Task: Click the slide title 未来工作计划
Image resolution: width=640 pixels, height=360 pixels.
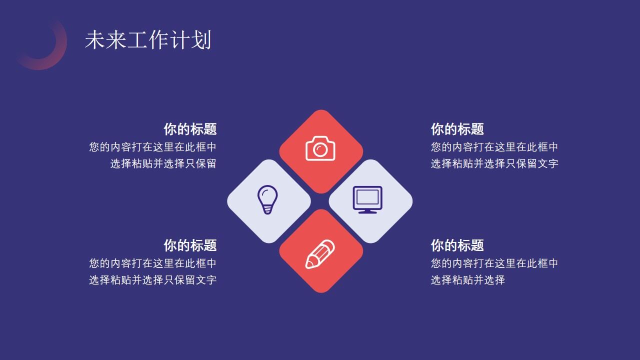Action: pyautogui.click(x=148, y=40)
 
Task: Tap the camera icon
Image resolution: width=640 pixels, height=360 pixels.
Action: pyautogui.click(x=320, y=148)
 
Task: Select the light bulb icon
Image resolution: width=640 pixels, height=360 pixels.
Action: pyautogui.click(x=267, y=199)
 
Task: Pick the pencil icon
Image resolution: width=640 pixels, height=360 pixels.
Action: pyautogui.click(x=320, y=254)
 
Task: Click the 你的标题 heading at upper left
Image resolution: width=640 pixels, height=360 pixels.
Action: pyautogui.click(x=190, y=129)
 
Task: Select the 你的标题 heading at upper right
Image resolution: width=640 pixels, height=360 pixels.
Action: pyautogui.click(x=457, y=129)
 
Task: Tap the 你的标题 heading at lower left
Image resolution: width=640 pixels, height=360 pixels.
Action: pyautogui.click(x=190, y=245)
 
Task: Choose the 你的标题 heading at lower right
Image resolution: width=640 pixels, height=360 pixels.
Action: pyautogui.click(x=457, y=245)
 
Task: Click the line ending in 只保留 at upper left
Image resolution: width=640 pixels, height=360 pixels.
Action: pyautogui.click(x=163, y=163)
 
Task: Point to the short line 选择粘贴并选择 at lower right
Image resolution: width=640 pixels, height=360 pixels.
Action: pyautogui.click(x=467, y=280)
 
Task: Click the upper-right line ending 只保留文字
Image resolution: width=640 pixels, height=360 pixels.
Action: pyautogui.click(x=494, y=163)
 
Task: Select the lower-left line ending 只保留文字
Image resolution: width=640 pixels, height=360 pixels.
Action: pyautogui.click(x=152, y=280)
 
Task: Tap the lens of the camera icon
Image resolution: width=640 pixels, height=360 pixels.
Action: pyautogui.click(x=320, y=149)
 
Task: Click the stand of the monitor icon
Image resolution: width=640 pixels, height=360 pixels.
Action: pyautogui.click(x=367, y=211)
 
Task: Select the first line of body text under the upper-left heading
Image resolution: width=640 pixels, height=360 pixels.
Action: pyautogui.click(x=152, y=147)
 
